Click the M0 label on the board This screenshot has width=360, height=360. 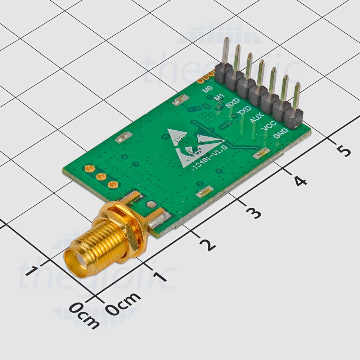click(208, 89)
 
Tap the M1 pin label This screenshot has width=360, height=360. click(219, 97)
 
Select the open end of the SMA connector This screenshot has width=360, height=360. click(76, 263)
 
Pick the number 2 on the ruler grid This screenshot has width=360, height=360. click(208, 245)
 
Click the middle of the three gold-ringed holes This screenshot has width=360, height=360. click(101, 176)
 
